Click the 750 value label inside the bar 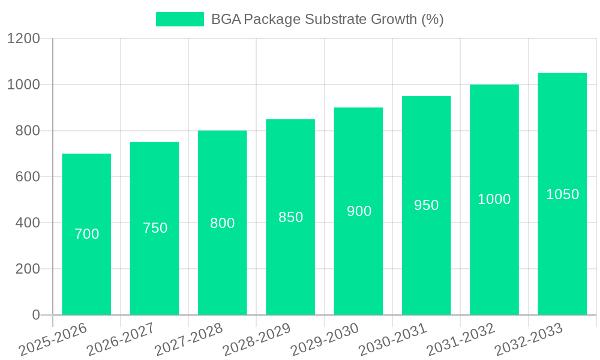(155, 228)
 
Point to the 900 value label (359, 211)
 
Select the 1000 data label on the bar (494, 199)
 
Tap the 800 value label (223, 223)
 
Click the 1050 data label (562, 194)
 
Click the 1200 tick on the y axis (23, 38)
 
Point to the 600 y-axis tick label (28, 177)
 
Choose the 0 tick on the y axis (36, 315)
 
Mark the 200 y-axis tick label (28, 269)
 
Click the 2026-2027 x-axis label (121, 340)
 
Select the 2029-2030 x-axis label (325, 340)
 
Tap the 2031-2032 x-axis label (460, 340)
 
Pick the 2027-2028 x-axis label (188, 340)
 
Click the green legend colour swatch (179, 19)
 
